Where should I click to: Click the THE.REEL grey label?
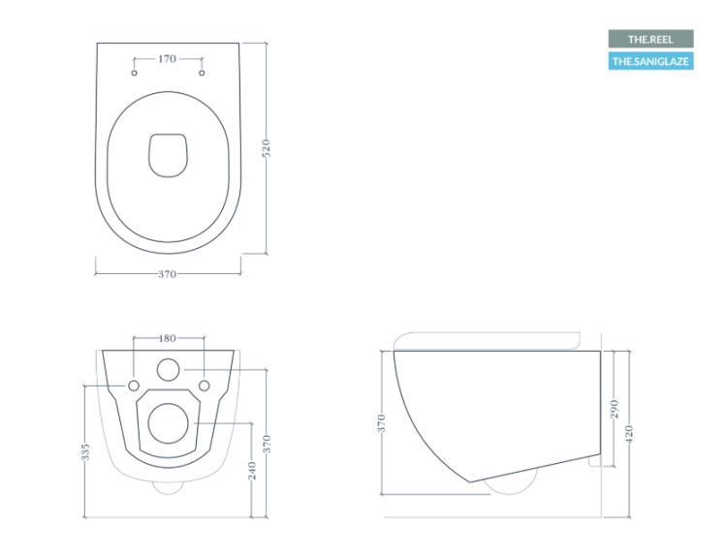pos(650,39)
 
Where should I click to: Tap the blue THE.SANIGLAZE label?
pos(650,61)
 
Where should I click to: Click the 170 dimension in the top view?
pos(167,59)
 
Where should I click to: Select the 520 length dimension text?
pos(267,148)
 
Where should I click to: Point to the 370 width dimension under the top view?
pos(167,274)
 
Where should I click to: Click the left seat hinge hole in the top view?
pos(134,73)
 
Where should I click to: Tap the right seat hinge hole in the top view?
pos(202,73)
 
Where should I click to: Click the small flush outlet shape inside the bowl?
pos(168,155)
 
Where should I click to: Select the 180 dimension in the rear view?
pos(168,338)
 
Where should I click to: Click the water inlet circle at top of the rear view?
pos(168,370)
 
